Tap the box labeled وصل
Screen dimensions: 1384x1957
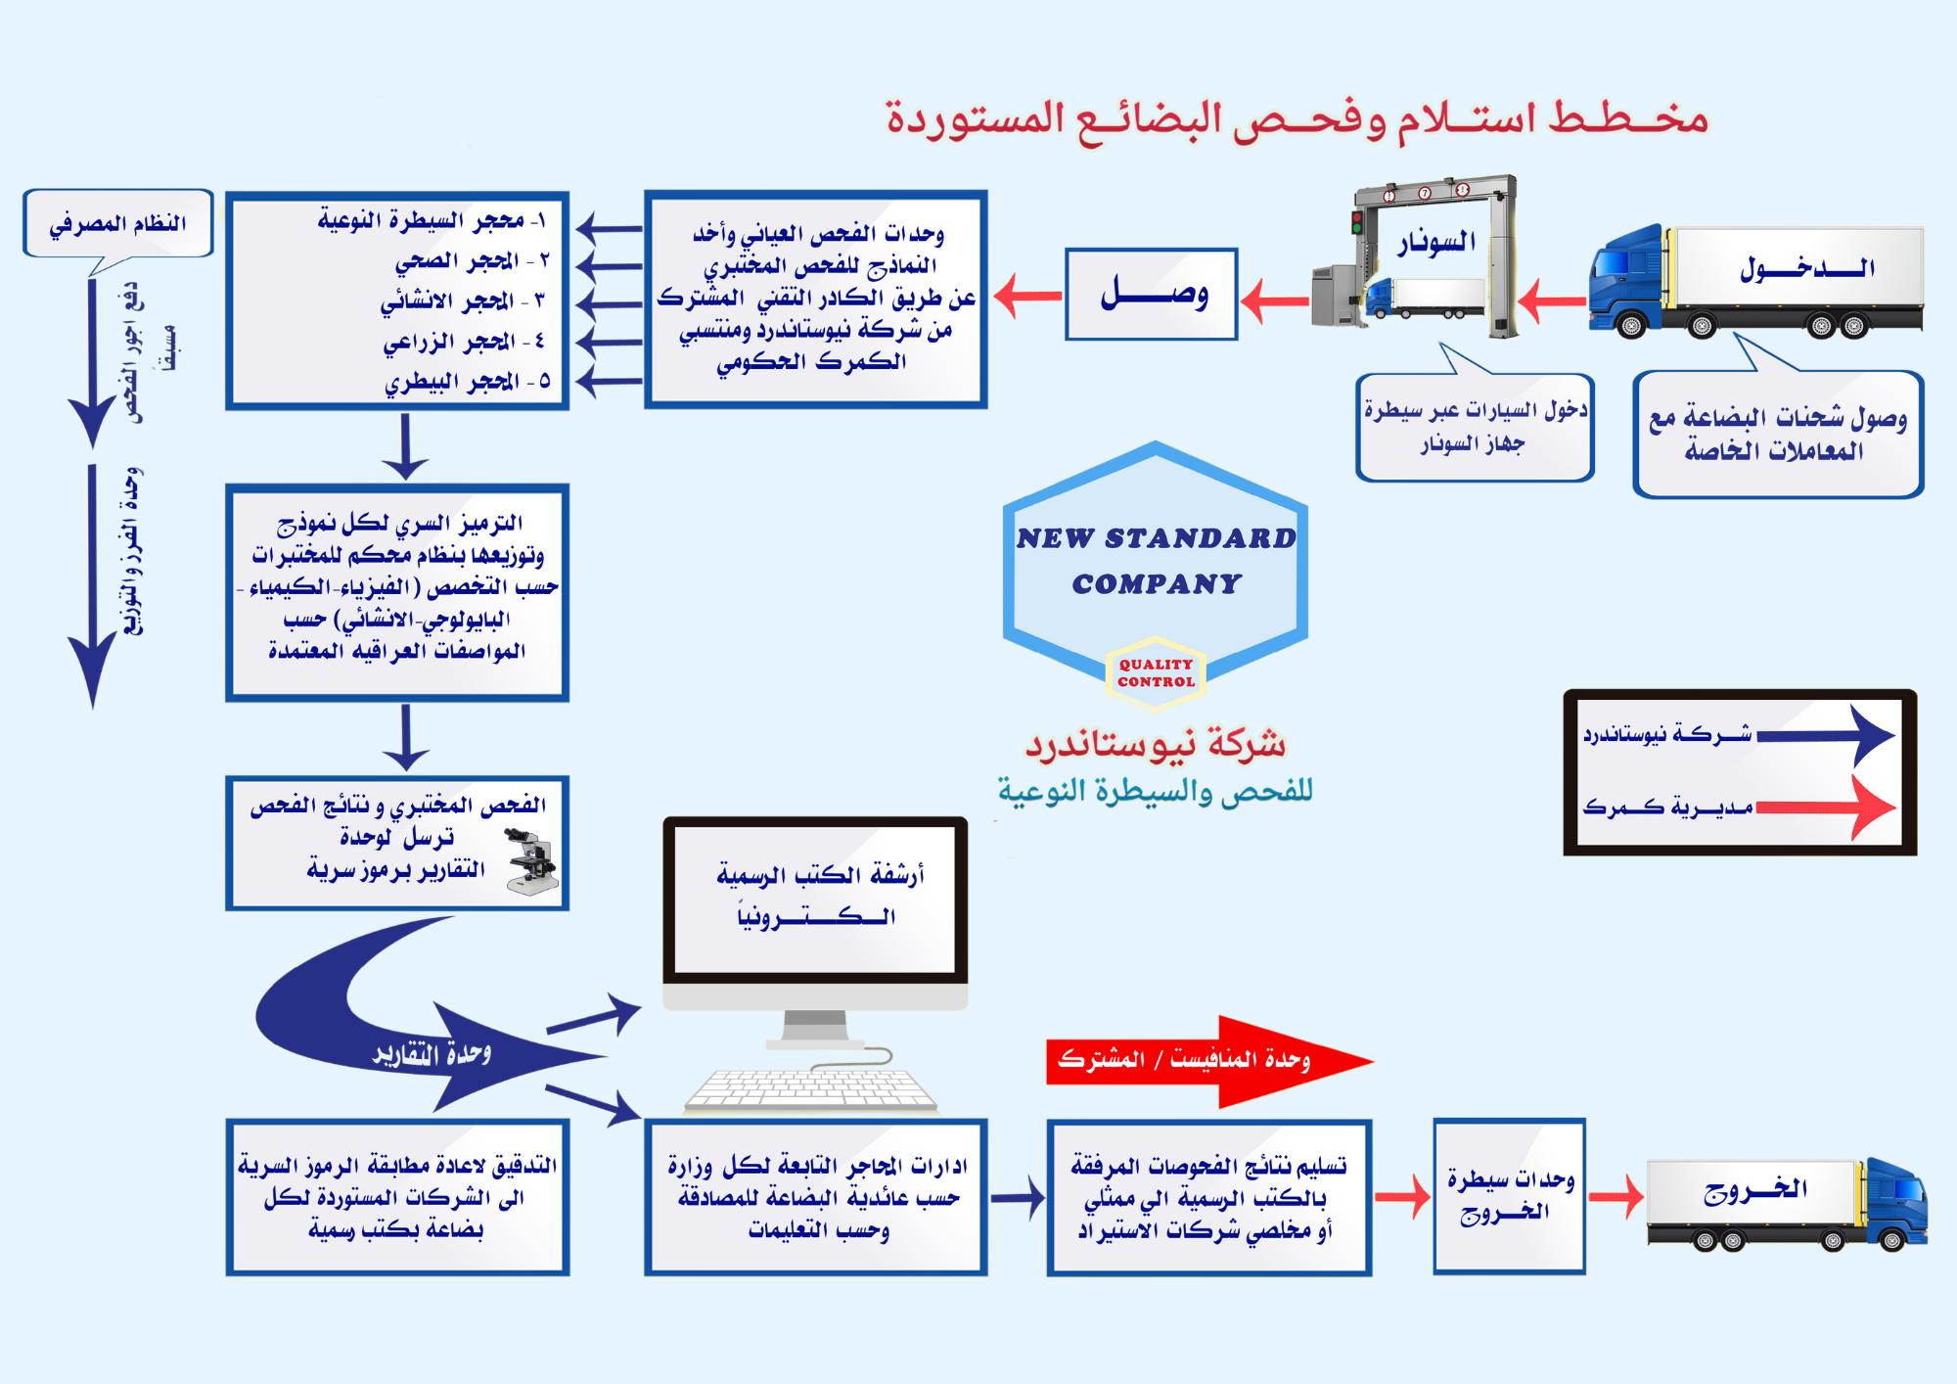(x=1152, y=294)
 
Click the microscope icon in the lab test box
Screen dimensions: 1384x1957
(x=532, y=861)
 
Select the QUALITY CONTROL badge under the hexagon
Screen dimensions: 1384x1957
(x=1156, y=672)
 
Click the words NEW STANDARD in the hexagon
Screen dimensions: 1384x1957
(x=1156, y=537)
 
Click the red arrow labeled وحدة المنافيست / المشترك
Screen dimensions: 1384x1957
(x=1208, y=1060)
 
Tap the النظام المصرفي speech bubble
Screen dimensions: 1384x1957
(x=118, y=224)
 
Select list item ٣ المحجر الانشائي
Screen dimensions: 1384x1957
(x=461, y=300)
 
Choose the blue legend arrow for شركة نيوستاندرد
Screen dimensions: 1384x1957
(x=1825, y=735)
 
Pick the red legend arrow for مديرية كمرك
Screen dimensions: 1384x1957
(x=1825, y=807)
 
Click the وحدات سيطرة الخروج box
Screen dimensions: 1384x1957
(x=1509, y=1196)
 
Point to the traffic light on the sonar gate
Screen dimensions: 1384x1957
(x=1357, y=221)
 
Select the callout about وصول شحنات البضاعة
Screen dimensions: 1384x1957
(x=1777, y=435)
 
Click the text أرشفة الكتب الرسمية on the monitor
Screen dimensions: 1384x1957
(x=820, y=875)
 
